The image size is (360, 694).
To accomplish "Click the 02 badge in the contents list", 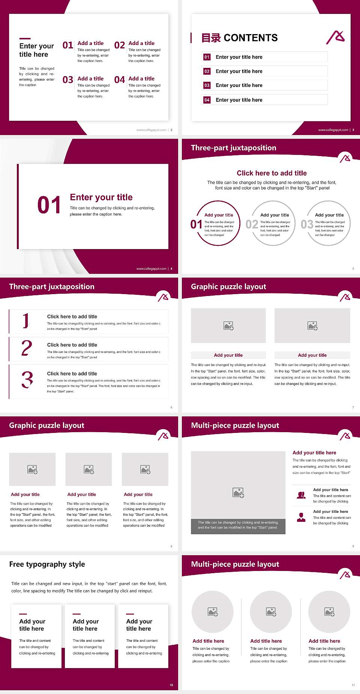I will pyautogui.click(x=207, y=71).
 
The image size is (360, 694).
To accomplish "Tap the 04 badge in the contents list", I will pyautogui.click(x=207, y=100).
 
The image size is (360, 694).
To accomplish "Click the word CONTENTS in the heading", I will pyautogui.click(x=250, y=38).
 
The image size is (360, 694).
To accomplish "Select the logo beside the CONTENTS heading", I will pyautogui.click(x=336, y=37).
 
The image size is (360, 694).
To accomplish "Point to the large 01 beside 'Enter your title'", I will pyautogui.click(x=49, y=205).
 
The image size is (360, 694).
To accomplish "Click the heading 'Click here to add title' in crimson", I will pyautogui.click(x=271, y=173).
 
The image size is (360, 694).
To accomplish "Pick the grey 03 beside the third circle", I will pyautogui.click(x=307, y=224).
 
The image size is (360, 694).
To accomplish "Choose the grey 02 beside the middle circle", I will pyautogui.click(x=252, y=224).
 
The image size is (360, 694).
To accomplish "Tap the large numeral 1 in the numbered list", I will pyautogui.click(x=25, y=321).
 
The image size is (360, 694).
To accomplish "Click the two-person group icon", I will pyautogui.click(x=301, y=495).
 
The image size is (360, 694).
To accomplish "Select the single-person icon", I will pyautogui.click(x=301, y=517).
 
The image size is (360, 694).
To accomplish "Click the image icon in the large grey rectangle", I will pyautogui.click(x=238, y=493).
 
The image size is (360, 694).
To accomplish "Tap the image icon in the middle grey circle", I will pyautogui.click(x=271, y=612).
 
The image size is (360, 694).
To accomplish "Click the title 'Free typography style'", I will pyautogui.click(x=47, y=564).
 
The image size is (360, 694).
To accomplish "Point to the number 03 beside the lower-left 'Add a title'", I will pyautogui.click(x=68, y=80).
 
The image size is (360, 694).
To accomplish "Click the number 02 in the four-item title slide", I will pyautogui.click(x=120, y=45).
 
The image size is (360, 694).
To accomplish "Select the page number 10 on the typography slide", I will pyautogui.click(x=171, y=685).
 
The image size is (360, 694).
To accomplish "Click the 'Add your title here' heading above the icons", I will pyautogui.click(x=314, y=453).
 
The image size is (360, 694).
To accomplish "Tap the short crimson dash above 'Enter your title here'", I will pyautogui.click(x=25, y=38).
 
